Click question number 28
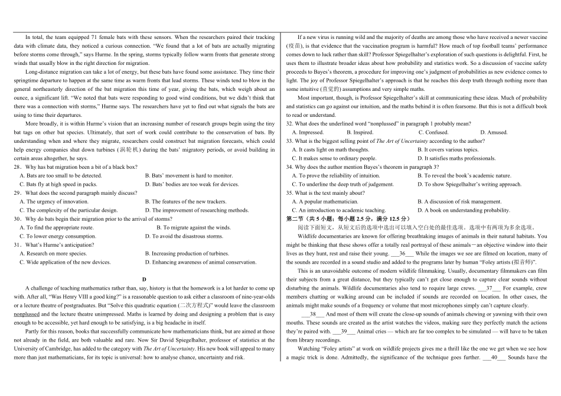click(17, 167)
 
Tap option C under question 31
click(65, 262)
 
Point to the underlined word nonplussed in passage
click(27, 315)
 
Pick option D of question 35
click(464, 210)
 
